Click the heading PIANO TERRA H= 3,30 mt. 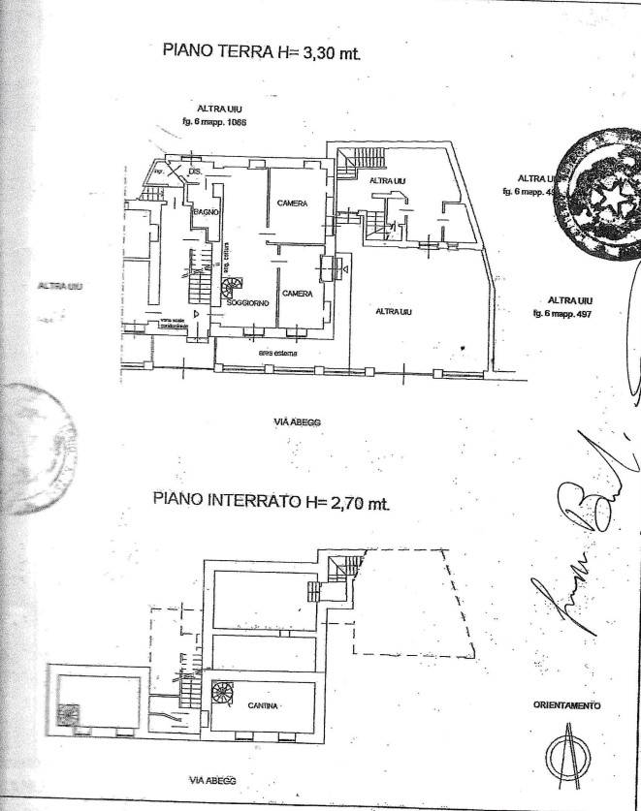262,51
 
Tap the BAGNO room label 205,211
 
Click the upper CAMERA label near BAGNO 292,203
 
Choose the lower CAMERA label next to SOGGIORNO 297,294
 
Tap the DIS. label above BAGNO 194,172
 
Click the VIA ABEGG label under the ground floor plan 297,422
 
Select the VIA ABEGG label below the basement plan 211,780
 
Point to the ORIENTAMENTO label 567,705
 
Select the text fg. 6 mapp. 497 561,314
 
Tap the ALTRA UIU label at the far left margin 60,286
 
